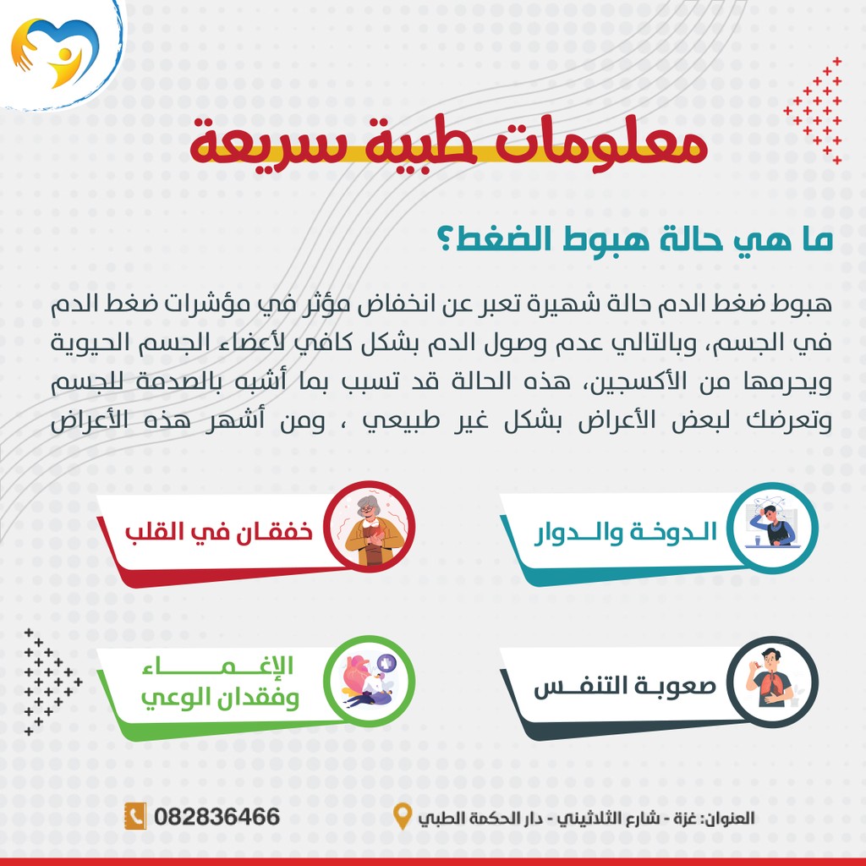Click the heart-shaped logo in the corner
click(x=54, y=52)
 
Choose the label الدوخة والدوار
click(x=626, y=533)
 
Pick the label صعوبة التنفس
click(x=625, y=687)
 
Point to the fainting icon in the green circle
click(x=369, y=681)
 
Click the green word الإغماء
click(x=218, y=665)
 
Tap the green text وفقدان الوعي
click(x=221, y=697)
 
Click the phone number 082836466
click(x=217, y=817)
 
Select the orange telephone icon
click(x=135, y=816)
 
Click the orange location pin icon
click(x=402, y=816)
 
